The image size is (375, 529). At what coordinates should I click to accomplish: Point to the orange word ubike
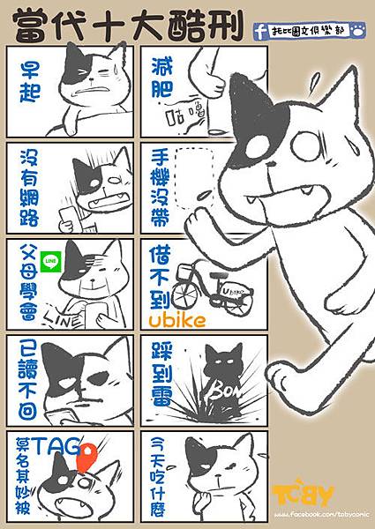point(176,319)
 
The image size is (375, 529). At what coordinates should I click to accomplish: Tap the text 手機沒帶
point(159,182)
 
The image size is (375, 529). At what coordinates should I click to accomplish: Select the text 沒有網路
point(31,185)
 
